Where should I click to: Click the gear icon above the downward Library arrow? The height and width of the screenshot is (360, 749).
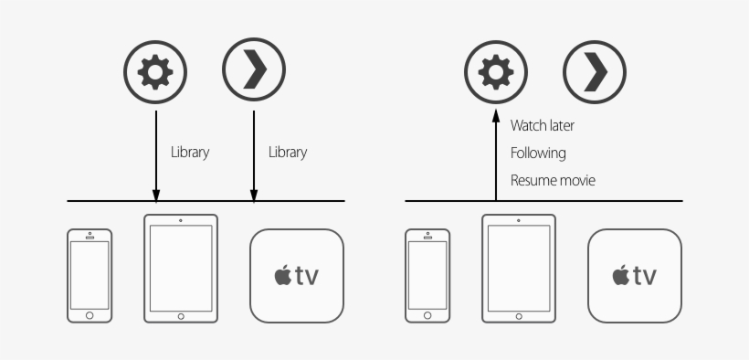point(156,70)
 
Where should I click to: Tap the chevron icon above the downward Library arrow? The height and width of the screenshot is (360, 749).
point(254,70)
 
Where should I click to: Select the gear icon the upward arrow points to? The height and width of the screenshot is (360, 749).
point(496,70)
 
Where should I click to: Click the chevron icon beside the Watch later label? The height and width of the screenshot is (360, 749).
point(595,70)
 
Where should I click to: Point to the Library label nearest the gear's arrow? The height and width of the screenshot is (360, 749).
point(190,153)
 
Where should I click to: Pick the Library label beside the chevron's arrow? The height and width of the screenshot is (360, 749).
point(288,153)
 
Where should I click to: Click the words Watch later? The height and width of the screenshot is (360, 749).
point(543,125)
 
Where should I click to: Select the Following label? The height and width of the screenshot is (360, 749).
point(538,153)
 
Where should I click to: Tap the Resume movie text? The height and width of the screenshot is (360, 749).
point(553,181)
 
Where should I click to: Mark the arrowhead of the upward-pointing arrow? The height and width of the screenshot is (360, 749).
point(496,115)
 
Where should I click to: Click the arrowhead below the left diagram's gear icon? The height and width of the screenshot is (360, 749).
point(156,195)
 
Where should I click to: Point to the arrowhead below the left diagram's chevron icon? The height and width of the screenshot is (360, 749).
point(254,195)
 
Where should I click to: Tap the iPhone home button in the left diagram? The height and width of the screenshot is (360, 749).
point(90,314)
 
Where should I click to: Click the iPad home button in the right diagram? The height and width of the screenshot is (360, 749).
point(519,316)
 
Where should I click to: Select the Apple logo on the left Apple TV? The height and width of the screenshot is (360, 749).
point(281,276)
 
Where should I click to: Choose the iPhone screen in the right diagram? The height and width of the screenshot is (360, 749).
point(427,274)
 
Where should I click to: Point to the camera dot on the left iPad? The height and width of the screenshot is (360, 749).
point(181,220)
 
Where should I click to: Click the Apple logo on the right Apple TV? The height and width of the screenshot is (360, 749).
point(619,276)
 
